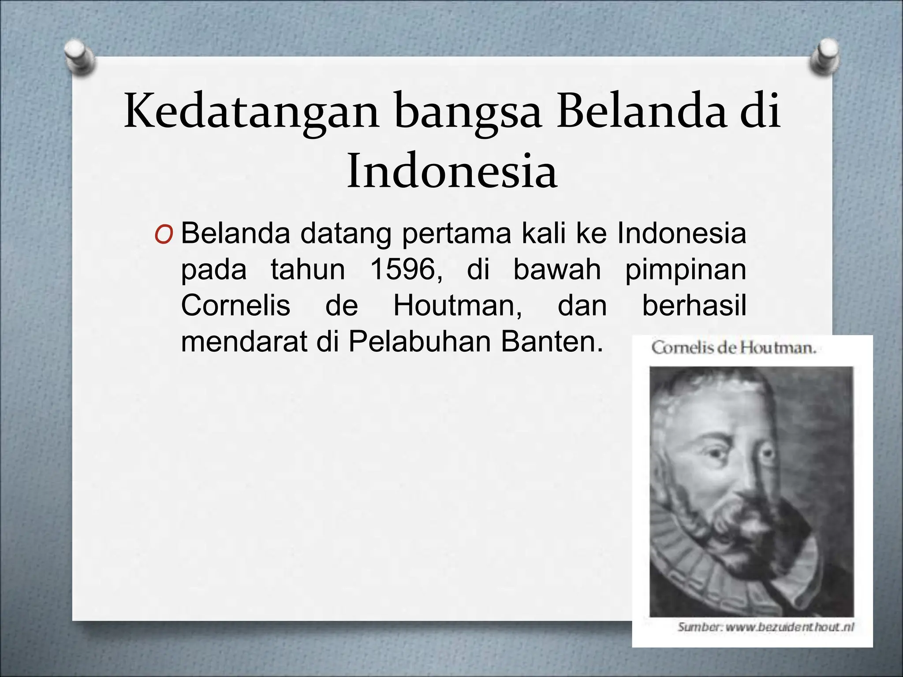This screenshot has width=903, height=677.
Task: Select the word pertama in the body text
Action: [456, 234]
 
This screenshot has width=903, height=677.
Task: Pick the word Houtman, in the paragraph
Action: [457, 305]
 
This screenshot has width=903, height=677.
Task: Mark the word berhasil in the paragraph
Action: [694, 305]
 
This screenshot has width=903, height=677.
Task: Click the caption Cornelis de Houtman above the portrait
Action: [734, 348]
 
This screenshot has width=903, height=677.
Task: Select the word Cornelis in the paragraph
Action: [235, 305]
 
